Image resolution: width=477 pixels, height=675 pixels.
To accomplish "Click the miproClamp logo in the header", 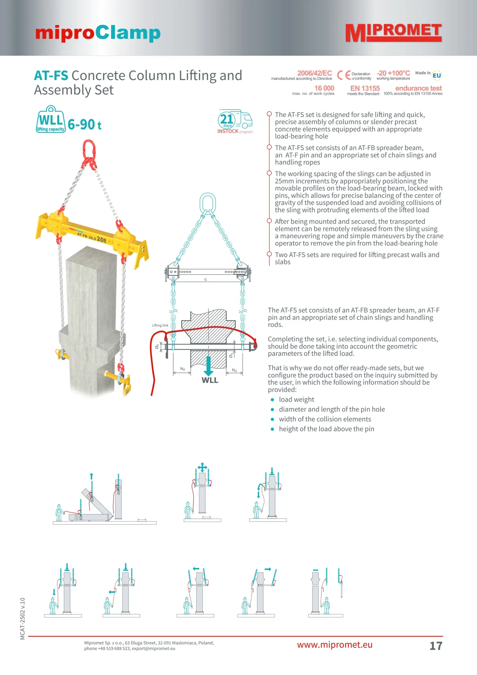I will pyautogui.click(x=97, y=33).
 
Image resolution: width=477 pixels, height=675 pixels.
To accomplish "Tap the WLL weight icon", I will pyautogui.click(x=51, y=120).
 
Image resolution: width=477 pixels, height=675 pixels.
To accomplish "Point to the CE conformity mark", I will pyautogui.click(x=343, y=75).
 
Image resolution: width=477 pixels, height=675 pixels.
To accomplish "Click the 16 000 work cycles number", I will pyautogui.click(x=324, y=88).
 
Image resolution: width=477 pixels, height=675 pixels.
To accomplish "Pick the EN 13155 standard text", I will pyautogui.click(x=365, y=88).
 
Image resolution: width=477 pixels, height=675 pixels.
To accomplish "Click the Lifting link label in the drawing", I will pyautogui.click(x=160, y=325).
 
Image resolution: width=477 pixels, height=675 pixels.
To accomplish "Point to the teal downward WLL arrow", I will pyautogui.click(x=208, y=366).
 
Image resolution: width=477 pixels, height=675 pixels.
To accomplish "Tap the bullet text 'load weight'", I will pyautogui.click(x=296, y=399).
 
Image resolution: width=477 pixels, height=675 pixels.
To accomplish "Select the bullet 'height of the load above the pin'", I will pyautogui.click(x=326, y=429).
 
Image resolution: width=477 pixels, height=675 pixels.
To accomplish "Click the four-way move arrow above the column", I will pyautogui.click(x=202, y=467).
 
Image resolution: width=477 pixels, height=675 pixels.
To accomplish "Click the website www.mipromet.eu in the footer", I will pyautogui.click(x=335, y=644).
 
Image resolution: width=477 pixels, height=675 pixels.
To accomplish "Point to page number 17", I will pyautogui.click(x=436, y=646).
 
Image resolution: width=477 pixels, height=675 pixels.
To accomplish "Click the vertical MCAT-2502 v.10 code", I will pyautogui.click(x=23, y=618).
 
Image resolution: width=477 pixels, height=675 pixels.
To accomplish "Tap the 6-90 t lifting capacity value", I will pyautogui.click(x=84, y=125).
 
